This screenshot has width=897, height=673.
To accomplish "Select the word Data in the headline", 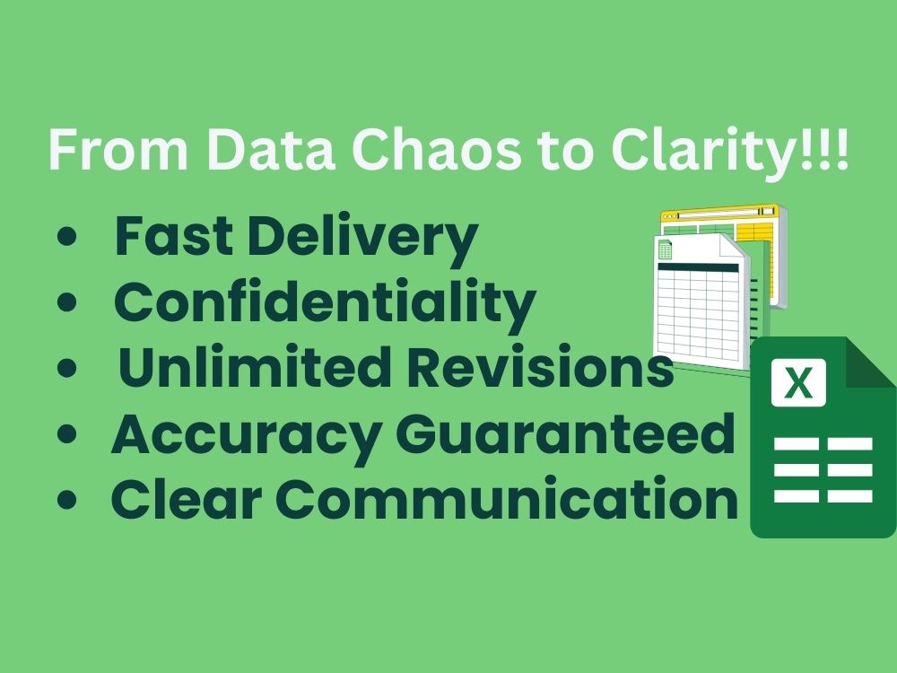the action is pos(270,150).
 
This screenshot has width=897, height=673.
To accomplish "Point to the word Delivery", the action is pos(362,240).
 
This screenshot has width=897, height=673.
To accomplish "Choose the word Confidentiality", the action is pos(325,305).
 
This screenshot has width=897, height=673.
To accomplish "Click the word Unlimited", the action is pos(255,366).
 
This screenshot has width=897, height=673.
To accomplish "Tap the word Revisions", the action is pos(541,366).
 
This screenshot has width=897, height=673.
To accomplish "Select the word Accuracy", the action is pos(248,437).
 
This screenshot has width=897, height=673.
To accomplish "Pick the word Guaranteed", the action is pos(564,433).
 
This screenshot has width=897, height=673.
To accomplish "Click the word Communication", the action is pos(507,498).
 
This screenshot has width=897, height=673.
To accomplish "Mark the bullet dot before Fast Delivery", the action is pos(67,236).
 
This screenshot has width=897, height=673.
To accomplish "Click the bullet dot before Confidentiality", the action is pos(67,302).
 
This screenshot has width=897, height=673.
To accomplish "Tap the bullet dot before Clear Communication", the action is pos(67,499).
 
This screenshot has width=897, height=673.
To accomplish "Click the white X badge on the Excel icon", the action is pos(798,383).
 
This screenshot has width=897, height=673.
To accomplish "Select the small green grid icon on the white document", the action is pos(666,250).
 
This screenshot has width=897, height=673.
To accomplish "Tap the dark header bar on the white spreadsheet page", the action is pos(698,267).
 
